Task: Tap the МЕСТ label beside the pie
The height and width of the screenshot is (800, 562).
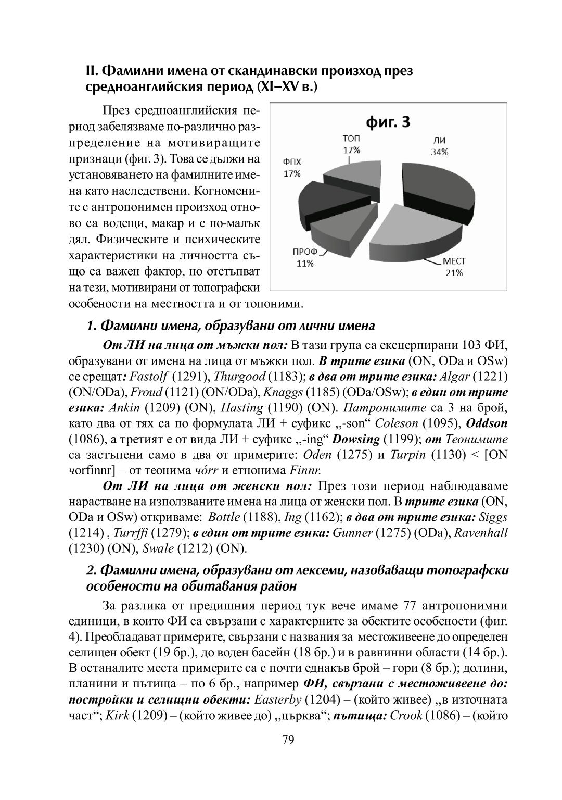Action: tap(454, 261)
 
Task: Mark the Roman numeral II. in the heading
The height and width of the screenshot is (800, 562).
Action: tap(92, 71)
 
